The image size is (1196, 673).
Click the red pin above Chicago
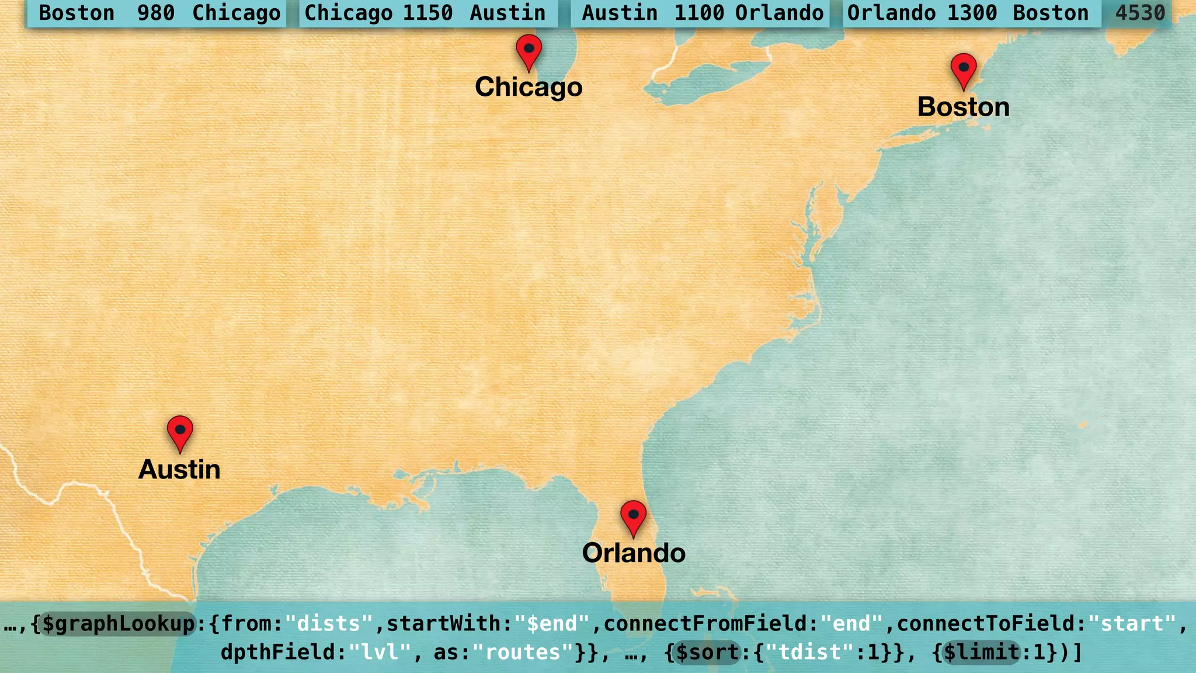[529, 50]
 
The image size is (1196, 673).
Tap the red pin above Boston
[964, 69]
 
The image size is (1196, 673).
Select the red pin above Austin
[180, 431]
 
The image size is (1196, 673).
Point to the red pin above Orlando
[633, 516]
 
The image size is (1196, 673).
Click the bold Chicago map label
[529, 87]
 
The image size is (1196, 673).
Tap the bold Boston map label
[964, 107]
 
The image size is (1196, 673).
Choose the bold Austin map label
[179, 470]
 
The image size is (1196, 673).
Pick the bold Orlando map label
[634, 553]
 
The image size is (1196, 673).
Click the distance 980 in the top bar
[156, 13]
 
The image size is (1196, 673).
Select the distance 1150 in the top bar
[427, 13]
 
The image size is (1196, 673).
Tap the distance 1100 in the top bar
[699, 13]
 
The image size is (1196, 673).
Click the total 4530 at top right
[1140, 13]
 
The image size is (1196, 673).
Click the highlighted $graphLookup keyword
[119, 624]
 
